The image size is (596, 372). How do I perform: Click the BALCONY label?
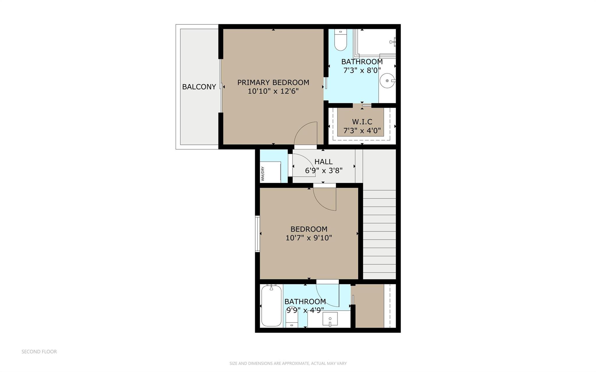[199, 87]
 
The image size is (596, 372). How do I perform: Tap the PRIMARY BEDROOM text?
[273, 83]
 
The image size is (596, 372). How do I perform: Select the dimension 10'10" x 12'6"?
[273, 91]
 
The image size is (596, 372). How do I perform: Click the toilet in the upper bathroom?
[340, 40]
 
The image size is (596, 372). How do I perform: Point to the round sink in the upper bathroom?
[387, 81]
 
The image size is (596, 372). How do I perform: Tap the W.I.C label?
[362, 122]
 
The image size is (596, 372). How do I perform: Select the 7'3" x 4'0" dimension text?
[362, 131]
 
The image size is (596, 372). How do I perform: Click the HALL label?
[323, 162]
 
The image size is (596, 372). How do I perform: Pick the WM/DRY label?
[262, 174]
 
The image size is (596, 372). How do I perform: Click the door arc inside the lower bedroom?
[324, 199]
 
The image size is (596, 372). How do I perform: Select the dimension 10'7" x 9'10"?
[309, 238]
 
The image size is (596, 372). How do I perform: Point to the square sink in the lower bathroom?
[330, 320]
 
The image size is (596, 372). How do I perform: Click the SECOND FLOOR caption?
[39, 352]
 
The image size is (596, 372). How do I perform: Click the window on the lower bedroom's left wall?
[257, 234]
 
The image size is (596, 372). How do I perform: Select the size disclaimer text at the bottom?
[288, 363]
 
